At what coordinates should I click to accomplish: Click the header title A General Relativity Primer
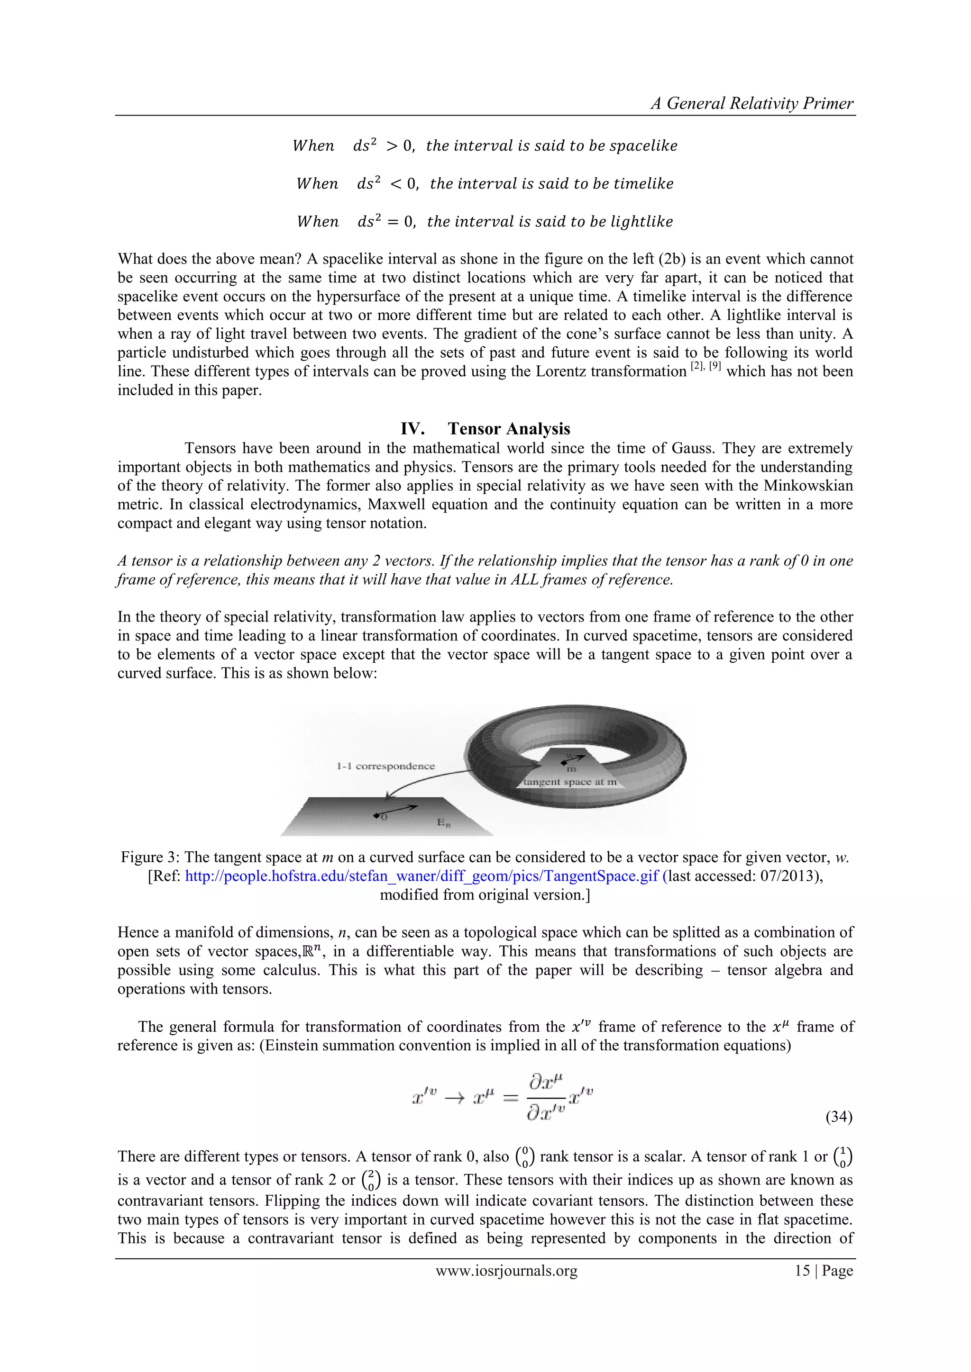751,103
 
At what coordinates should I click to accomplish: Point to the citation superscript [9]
714,366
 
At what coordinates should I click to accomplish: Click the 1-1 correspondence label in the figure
385,766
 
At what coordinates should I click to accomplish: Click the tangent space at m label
570,782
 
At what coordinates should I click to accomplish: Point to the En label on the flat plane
443,823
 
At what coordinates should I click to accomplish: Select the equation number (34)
838,1117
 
